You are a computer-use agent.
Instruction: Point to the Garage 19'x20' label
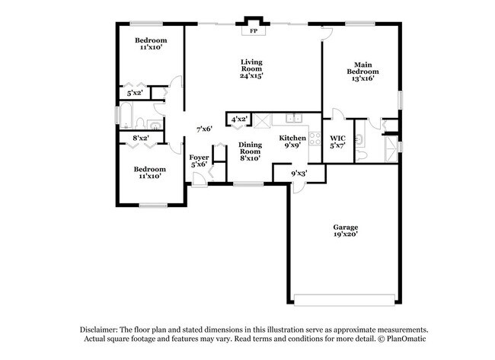point(345,228)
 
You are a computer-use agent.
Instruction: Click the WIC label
point(337,139)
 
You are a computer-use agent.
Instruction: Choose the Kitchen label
point(292,139)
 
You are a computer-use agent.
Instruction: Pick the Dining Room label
point(251,148)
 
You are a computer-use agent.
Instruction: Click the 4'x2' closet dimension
point(238,119)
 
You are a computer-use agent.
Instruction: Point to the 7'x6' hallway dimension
point(203,129)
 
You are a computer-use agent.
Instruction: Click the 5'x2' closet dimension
point(135,94)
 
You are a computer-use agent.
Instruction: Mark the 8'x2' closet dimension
point(140,138)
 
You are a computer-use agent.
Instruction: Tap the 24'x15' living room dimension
point(251,76)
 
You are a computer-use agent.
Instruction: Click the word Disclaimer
point(104,328)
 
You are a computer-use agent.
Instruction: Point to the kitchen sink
point(293,118)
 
